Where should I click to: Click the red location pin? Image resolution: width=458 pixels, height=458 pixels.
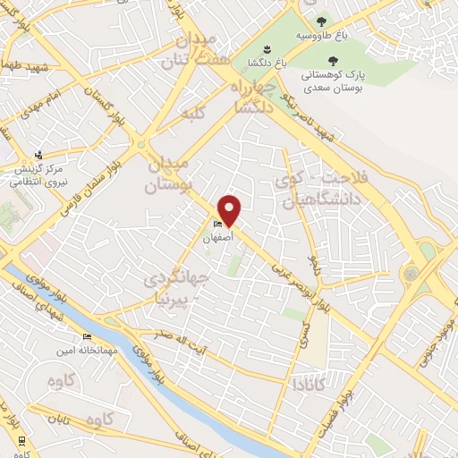231,210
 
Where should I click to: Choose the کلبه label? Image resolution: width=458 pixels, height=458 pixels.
194,114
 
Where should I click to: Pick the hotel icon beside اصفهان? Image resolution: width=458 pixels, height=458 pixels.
217,224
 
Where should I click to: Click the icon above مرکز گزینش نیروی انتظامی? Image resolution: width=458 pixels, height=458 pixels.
38,155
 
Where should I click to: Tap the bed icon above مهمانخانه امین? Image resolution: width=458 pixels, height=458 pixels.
87,336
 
